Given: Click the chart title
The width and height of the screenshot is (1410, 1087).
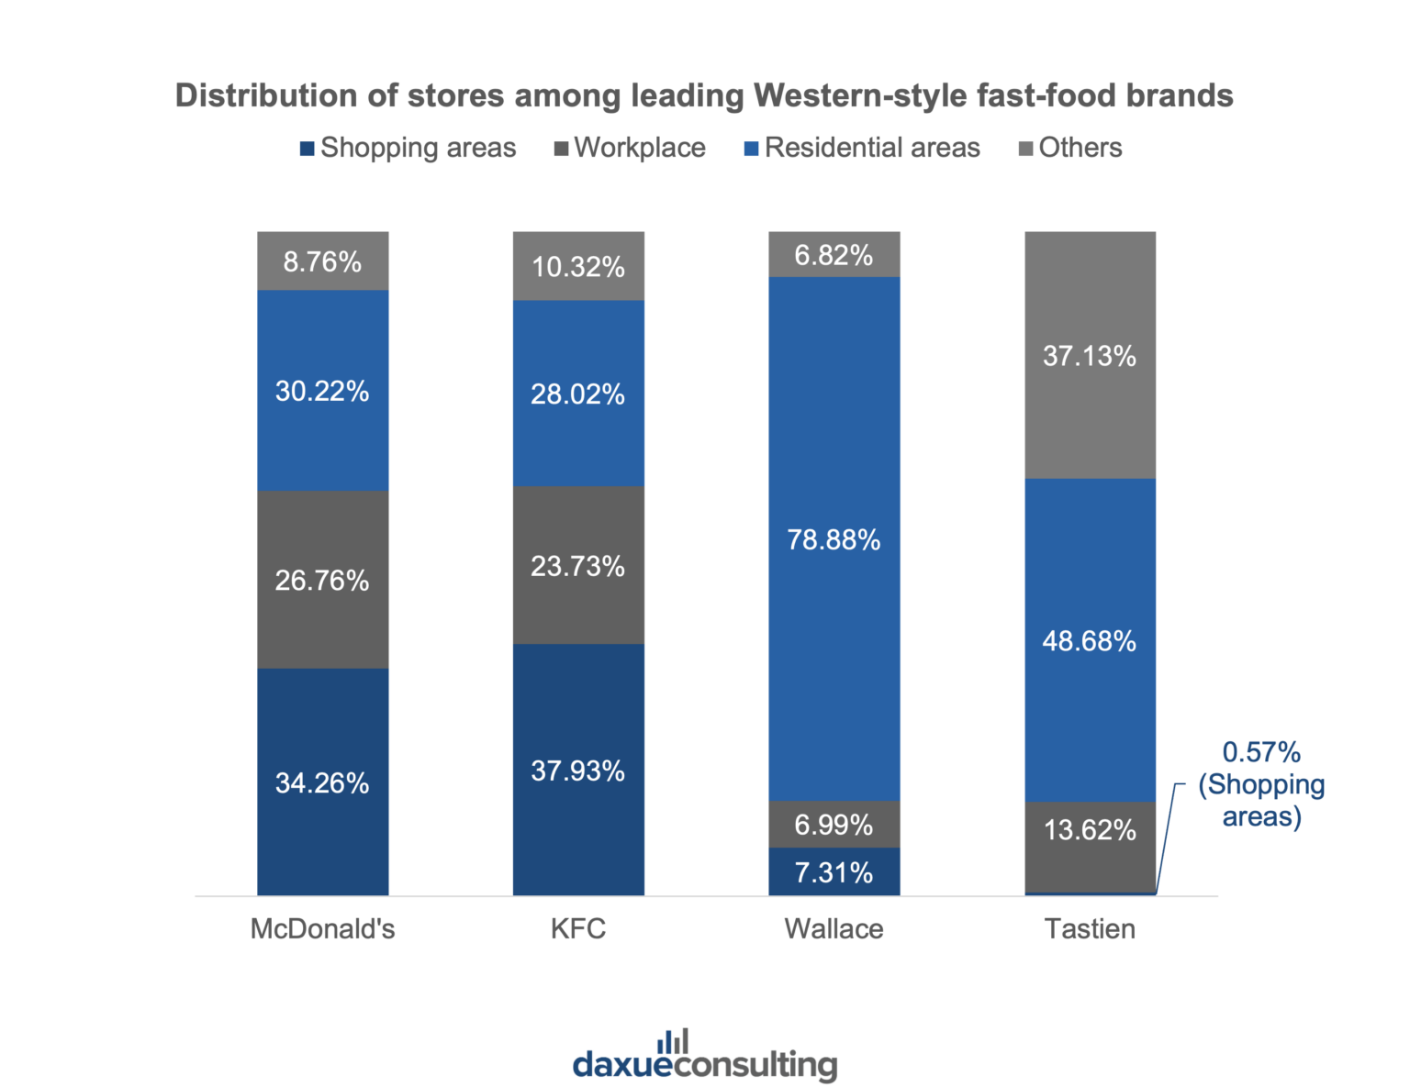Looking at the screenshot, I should [704, 95].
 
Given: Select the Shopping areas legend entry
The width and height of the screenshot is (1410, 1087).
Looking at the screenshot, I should [408, 148].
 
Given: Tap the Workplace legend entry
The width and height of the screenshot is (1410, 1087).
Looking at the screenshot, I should [631, 148].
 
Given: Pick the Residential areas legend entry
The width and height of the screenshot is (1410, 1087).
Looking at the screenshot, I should [862, 148].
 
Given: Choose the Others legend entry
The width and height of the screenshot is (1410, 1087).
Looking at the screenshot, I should [1070, 148].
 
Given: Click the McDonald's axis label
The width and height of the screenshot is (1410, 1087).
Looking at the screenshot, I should [322, 928].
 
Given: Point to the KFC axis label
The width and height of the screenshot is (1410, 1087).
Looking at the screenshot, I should [578, 928].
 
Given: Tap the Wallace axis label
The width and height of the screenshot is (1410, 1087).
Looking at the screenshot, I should [834, 928].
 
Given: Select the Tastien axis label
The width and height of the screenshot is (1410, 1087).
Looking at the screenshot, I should [1090, 928].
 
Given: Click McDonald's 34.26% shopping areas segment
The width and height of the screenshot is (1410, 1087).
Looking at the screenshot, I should [322, 782].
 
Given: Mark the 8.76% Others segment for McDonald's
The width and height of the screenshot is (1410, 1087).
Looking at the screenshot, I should [322, 261].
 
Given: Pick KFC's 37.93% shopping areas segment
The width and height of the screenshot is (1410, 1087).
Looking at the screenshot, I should [578, 771].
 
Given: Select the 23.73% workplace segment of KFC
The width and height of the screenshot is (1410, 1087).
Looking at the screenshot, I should [578, 566].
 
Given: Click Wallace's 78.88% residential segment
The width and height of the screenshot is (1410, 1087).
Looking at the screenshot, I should [834, 539].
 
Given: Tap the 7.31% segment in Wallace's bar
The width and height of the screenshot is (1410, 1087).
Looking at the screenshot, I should [834, 872].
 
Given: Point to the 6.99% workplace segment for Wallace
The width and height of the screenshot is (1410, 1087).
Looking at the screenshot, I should [834, 825].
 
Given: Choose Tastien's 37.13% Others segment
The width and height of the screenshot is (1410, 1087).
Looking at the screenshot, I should [1090, 355].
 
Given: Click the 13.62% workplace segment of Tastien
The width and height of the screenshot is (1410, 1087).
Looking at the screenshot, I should [1090, 830].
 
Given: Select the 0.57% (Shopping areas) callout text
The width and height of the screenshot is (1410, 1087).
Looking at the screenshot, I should [1261, 784].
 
